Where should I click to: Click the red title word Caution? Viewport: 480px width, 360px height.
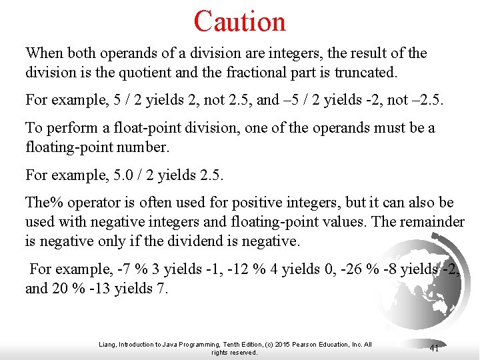click(x=240, y=21)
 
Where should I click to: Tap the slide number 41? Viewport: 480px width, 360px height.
click(x=434, y=348)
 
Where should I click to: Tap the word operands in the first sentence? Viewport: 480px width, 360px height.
click(x=110, y=53)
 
